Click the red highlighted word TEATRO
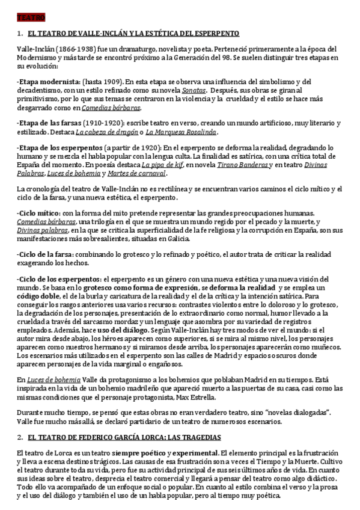pos(27,19)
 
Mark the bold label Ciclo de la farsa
pos(47,254)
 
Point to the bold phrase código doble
pos(37,296)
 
